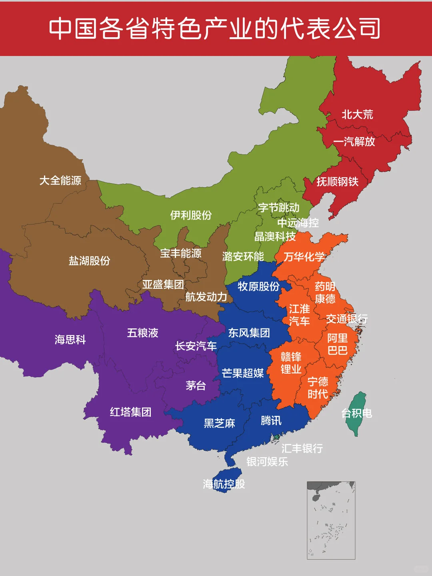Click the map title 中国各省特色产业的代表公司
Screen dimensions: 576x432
pyautogui.click(x=215, y=28)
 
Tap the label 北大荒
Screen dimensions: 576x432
pyautogui.click(x=357, y=115)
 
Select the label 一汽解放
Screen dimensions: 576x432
pyautogui.click(x=354, y=142)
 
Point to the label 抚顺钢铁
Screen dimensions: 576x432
pyautogui.click(x=337, y=182)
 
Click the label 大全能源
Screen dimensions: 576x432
pyautogui.click(x=60, y=180)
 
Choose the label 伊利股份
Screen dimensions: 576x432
pyautogui.click(x=191, y=215)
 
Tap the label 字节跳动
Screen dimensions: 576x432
pyautogui.click(x=279, y=208)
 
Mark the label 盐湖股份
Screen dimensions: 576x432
pyautogui.click(x=89, y=261)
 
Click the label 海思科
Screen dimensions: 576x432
pyautogui.click(x=70, y=340)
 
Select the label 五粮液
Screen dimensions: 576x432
pyautogui.click(x=143, y=333)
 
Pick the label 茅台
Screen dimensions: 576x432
pyautogui.click(x=196, y=386)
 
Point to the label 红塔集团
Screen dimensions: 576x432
pyautogui.click(x=131, y=412)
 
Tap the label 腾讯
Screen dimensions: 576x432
pyautogui.click(x=271, y=420)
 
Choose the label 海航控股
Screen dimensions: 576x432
pyautogui.click(x=224, y=484)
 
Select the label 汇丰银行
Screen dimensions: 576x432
pyautogui.click(x=302, y=448)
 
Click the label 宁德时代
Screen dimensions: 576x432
pyautogui.click(x=318, y=388)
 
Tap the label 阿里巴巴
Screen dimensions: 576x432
pyautogui.click(x=338, y=344)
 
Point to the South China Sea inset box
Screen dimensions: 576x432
pyautogui.click(x=331, y=520)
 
